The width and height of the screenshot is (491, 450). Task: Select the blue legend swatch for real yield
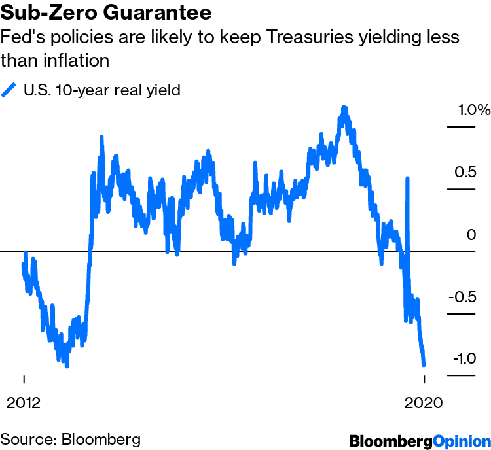pyautogui.click(x=9, y=90)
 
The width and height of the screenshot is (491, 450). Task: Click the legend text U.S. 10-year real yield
pyautogui.click(x=101, y=90)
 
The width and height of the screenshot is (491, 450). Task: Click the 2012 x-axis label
pyautogui.click(x=24, y=402)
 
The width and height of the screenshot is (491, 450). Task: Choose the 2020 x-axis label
pyautogui.click(x=424, y=402)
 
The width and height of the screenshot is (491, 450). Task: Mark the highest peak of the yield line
pyautogui.click(x=344, y=107)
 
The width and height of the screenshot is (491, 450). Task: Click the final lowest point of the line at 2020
pyautogui.click(x=424, y=365)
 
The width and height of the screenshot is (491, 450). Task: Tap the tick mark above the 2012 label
pyautogui.click(x=24, y=379)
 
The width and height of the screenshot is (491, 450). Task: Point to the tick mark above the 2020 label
pyautogui.click(x=424, y=379)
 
